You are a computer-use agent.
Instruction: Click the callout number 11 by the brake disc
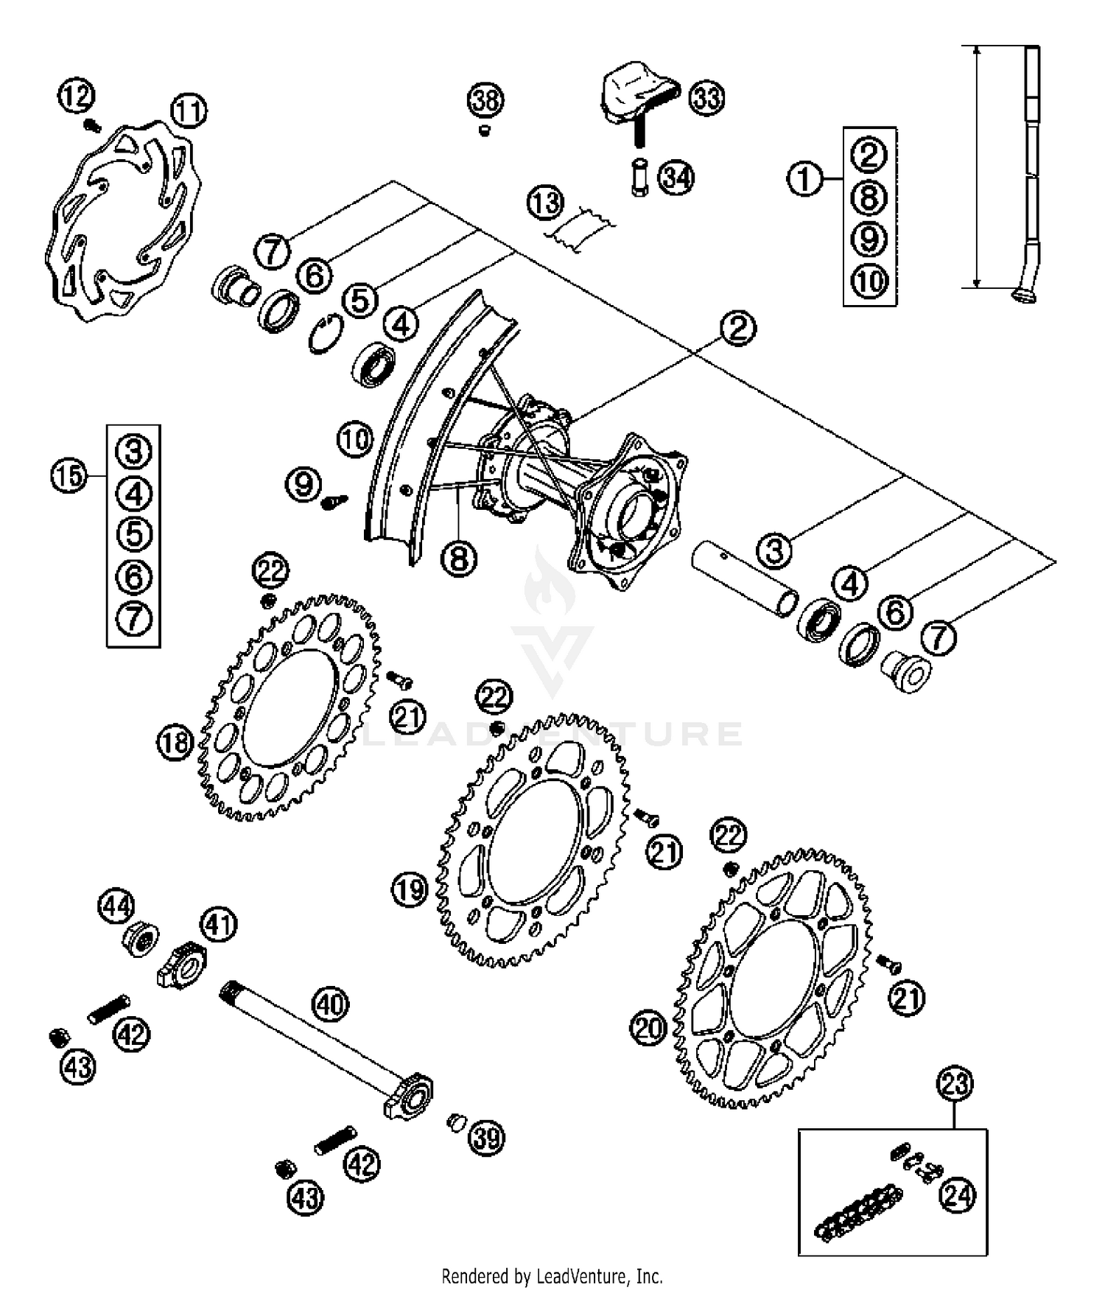pyautogui.click(x=189, y=112)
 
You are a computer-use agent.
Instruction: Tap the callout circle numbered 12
pyautogui.click(x=76, y=97)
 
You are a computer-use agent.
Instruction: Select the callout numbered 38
pyautogui.click(x=485, y=100)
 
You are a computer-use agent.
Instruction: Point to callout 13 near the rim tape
pyautogui.click(x=546, y=203)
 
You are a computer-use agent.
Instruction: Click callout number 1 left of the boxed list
pyautogui.click(x=804, y=179)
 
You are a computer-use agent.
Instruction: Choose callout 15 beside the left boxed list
pyautogui.click(x=69, y=476)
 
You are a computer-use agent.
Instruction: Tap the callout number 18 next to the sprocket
pyautogui.click(x=175, y=742)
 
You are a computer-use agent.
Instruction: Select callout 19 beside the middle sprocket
pyautogui.click(x=410, y=889)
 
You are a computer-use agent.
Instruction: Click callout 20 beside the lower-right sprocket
pyautogui.click(x=648, y=1029)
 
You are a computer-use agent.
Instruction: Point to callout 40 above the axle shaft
pyautogui.click(x=330, y=1004)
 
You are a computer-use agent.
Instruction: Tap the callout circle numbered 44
pyautogui.click(x=116, y=907)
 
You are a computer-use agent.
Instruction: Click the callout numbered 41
pyautogui.click(x=219, y=924)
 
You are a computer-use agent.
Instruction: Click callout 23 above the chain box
pyautogui.click(x=955, y=1084)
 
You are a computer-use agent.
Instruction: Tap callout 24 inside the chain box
pyautogui.click(x=958, y=1196)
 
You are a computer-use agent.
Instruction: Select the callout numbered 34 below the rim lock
pyautogui.click(x=676, y=178)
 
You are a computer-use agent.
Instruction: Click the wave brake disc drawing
pyautogui.click(x=122, y=221)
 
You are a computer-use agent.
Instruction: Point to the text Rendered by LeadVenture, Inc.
pyautogui.click(x=552, y=1276)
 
